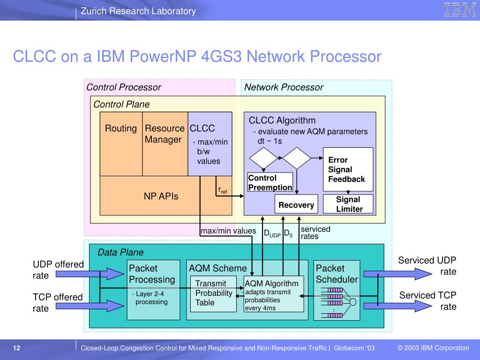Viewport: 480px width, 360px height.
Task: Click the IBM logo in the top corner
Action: coord(460,10)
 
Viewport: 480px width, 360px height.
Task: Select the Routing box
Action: coord(121,143)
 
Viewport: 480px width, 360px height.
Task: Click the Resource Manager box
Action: coord(165,143)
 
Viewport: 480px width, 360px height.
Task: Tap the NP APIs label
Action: coord(161,196)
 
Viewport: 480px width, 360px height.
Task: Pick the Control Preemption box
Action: coord(270,182)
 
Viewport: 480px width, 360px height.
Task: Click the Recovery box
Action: coord(296,205)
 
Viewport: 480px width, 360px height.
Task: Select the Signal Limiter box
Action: coord(348,204)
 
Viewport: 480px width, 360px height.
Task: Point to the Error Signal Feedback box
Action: coord(348,170)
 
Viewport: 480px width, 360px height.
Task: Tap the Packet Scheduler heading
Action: coord(337,274)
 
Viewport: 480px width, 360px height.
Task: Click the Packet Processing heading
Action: coord(152,274)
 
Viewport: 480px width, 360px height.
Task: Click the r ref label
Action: coord(223,190)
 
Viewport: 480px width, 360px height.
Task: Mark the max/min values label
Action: coord(228,231)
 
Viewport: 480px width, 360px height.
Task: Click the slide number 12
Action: coord(17,348)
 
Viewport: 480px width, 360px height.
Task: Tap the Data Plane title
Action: coord(120,252)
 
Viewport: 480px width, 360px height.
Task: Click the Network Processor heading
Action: coord(284,87)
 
